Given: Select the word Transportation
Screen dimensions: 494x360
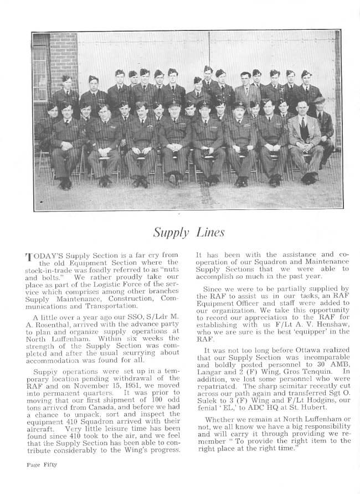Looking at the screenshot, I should point(105,305).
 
